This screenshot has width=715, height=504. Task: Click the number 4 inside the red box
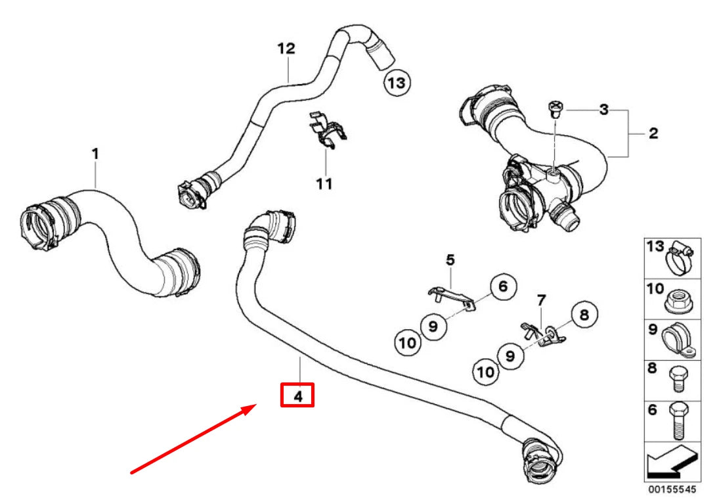pos(297,396)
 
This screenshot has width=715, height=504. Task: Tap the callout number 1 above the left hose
pos(95,154)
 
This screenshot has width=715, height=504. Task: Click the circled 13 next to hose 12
pos(397,83)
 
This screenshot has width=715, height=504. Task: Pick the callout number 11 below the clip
pos(324,183)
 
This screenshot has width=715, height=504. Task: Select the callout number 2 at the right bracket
pos(653,133)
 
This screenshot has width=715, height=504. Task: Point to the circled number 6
pos(503,286)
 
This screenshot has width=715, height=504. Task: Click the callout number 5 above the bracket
pos(450,260)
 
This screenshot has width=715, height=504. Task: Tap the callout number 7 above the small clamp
pos(541,300)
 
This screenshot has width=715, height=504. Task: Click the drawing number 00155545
pos(676,491)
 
